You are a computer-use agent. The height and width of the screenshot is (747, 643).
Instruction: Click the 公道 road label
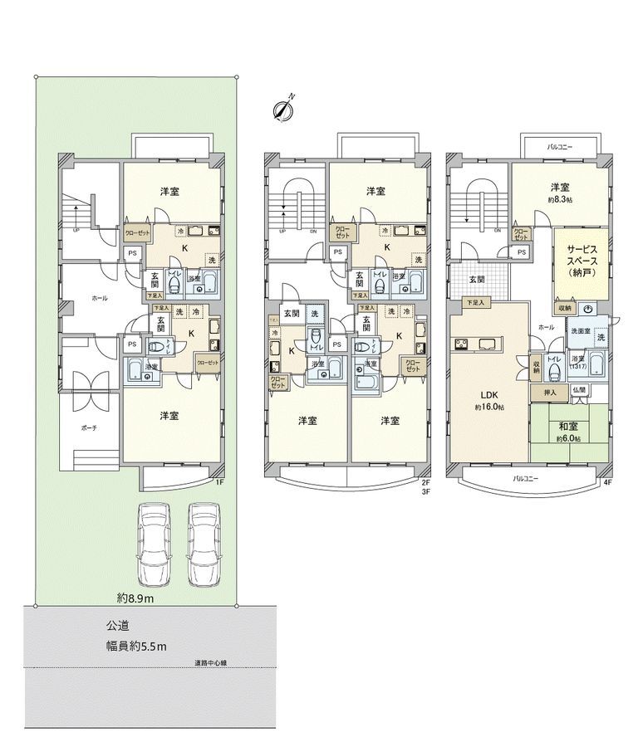117,627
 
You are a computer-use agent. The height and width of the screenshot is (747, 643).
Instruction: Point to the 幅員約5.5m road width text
136,647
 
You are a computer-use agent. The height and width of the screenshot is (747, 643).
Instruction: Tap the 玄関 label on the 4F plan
476,279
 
